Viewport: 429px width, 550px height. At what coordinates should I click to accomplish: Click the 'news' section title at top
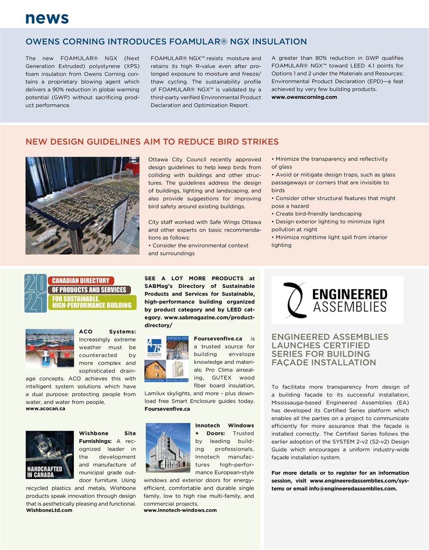coord(47,18)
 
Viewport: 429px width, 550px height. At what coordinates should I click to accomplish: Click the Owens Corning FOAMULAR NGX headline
coord(166,42)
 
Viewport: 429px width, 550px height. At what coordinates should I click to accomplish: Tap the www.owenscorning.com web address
coord(304,97)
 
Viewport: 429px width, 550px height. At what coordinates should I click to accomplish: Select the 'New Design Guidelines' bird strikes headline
coord(152,142)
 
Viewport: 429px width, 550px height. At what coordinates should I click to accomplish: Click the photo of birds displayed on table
coord(82,205)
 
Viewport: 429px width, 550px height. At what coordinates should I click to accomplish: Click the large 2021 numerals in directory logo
coord(35,293)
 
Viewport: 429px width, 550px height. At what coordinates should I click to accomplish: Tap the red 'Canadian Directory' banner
coord(81,281)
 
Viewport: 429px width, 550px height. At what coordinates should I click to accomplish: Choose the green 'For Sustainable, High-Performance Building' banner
coord(92,302)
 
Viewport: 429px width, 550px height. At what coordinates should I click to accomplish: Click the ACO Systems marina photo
coord(49,348)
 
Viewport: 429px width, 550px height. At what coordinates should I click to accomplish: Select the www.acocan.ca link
coord(46,409)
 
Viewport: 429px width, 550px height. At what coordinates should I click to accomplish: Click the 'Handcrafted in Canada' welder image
coord(49,455)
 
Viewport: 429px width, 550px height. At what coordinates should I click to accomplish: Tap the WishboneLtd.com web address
coord(49,510)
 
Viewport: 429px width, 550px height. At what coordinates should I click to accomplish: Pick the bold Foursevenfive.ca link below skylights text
coord(167,409)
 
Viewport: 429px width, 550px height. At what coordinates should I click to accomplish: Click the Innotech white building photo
coord(168,448)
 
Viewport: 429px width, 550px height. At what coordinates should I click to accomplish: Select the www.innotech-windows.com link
coord(180,510)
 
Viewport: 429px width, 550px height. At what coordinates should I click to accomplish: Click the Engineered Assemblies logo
coord(337,299)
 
